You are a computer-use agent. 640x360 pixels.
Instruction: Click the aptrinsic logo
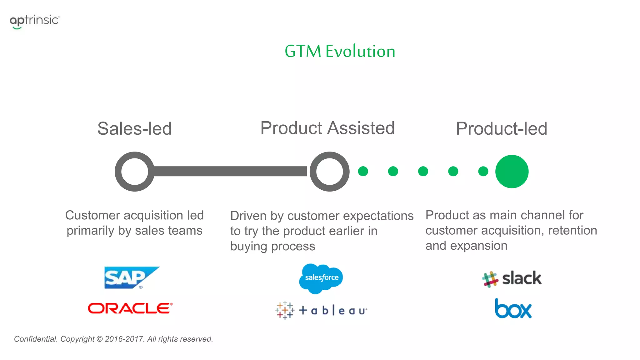(34, 21)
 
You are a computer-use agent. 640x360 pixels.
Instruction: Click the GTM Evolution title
(340, 51)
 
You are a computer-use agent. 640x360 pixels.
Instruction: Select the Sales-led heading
(134, 128)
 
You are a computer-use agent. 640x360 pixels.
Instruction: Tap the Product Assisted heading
(327, 128)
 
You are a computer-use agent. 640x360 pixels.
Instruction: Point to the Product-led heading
(501, 128)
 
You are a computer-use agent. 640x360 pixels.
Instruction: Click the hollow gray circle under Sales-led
(134, 172)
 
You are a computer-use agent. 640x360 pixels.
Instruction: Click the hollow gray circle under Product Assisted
(329, 172)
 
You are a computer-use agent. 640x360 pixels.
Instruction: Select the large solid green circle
(512, 172)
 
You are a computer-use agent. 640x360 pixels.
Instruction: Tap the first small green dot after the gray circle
(363, 171)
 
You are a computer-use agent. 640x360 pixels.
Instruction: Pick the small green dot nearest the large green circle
(483, 171)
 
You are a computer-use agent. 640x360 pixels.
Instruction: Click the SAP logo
(132, 277)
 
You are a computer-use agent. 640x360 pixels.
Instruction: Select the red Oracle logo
(130, 308)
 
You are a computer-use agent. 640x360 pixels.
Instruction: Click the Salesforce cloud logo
(321, 278)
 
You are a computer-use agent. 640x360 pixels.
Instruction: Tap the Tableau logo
(321, 310)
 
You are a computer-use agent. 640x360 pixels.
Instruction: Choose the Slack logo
(512, 278)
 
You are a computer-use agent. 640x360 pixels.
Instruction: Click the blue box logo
(513, 309)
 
